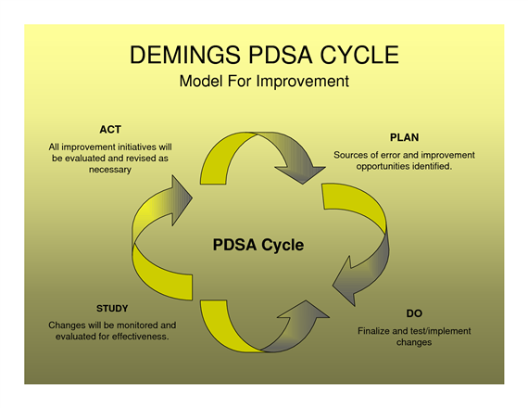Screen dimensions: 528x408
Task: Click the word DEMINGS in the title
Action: tap(185, 55)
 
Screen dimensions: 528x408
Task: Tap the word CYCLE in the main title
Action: tap(359, 55)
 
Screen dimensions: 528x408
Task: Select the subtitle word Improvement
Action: tap(302, 82)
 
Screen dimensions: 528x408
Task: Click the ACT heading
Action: tap(110, 130)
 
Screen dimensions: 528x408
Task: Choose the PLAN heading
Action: tap(404, 137)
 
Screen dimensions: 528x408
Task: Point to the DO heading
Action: tap(414, 313)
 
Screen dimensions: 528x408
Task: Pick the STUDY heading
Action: tap(112, 309)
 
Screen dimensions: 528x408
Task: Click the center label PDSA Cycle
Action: tap(258, 245)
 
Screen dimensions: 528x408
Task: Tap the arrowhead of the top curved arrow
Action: tap(301, 172)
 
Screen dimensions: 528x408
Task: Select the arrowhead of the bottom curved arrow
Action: tap(305, 311)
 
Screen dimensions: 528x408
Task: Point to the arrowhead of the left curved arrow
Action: tap(181, 200)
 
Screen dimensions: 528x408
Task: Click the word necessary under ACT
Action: tap(110, 170)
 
